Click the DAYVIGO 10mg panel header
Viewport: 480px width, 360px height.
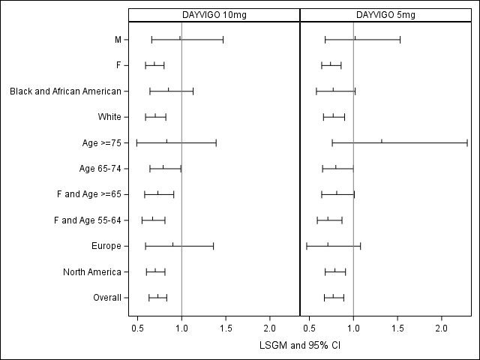tap(214, 15)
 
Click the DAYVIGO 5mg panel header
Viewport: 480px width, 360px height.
tap(385, 15)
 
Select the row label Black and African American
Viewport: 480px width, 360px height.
tap(65, 91)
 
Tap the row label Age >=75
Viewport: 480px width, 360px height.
tap(100, 142)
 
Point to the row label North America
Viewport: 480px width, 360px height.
tap(93, 271)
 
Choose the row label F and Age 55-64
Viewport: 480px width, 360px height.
tap(88, 220)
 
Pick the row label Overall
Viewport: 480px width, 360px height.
tap(107, 298)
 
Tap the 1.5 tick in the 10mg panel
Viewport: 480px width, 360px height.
tap(226, 328)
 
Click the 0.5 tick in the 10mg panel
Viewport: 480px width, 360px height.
tap(138, 328)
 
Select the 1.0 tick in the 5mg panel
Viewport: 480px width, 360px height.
tap(353, 328)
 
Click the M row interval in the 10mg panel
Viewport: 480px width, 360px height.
tap(187, 39)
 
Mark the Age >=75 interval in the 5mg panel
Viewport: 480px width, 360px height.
tap(399, 142)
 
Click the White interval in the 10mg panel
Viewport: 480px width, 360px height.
tap(155, 117)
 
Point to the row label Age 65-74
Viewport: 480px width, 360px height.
tap(100, 169)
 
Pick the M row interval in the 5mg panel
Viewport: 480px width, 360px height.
tap(362, 39)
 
